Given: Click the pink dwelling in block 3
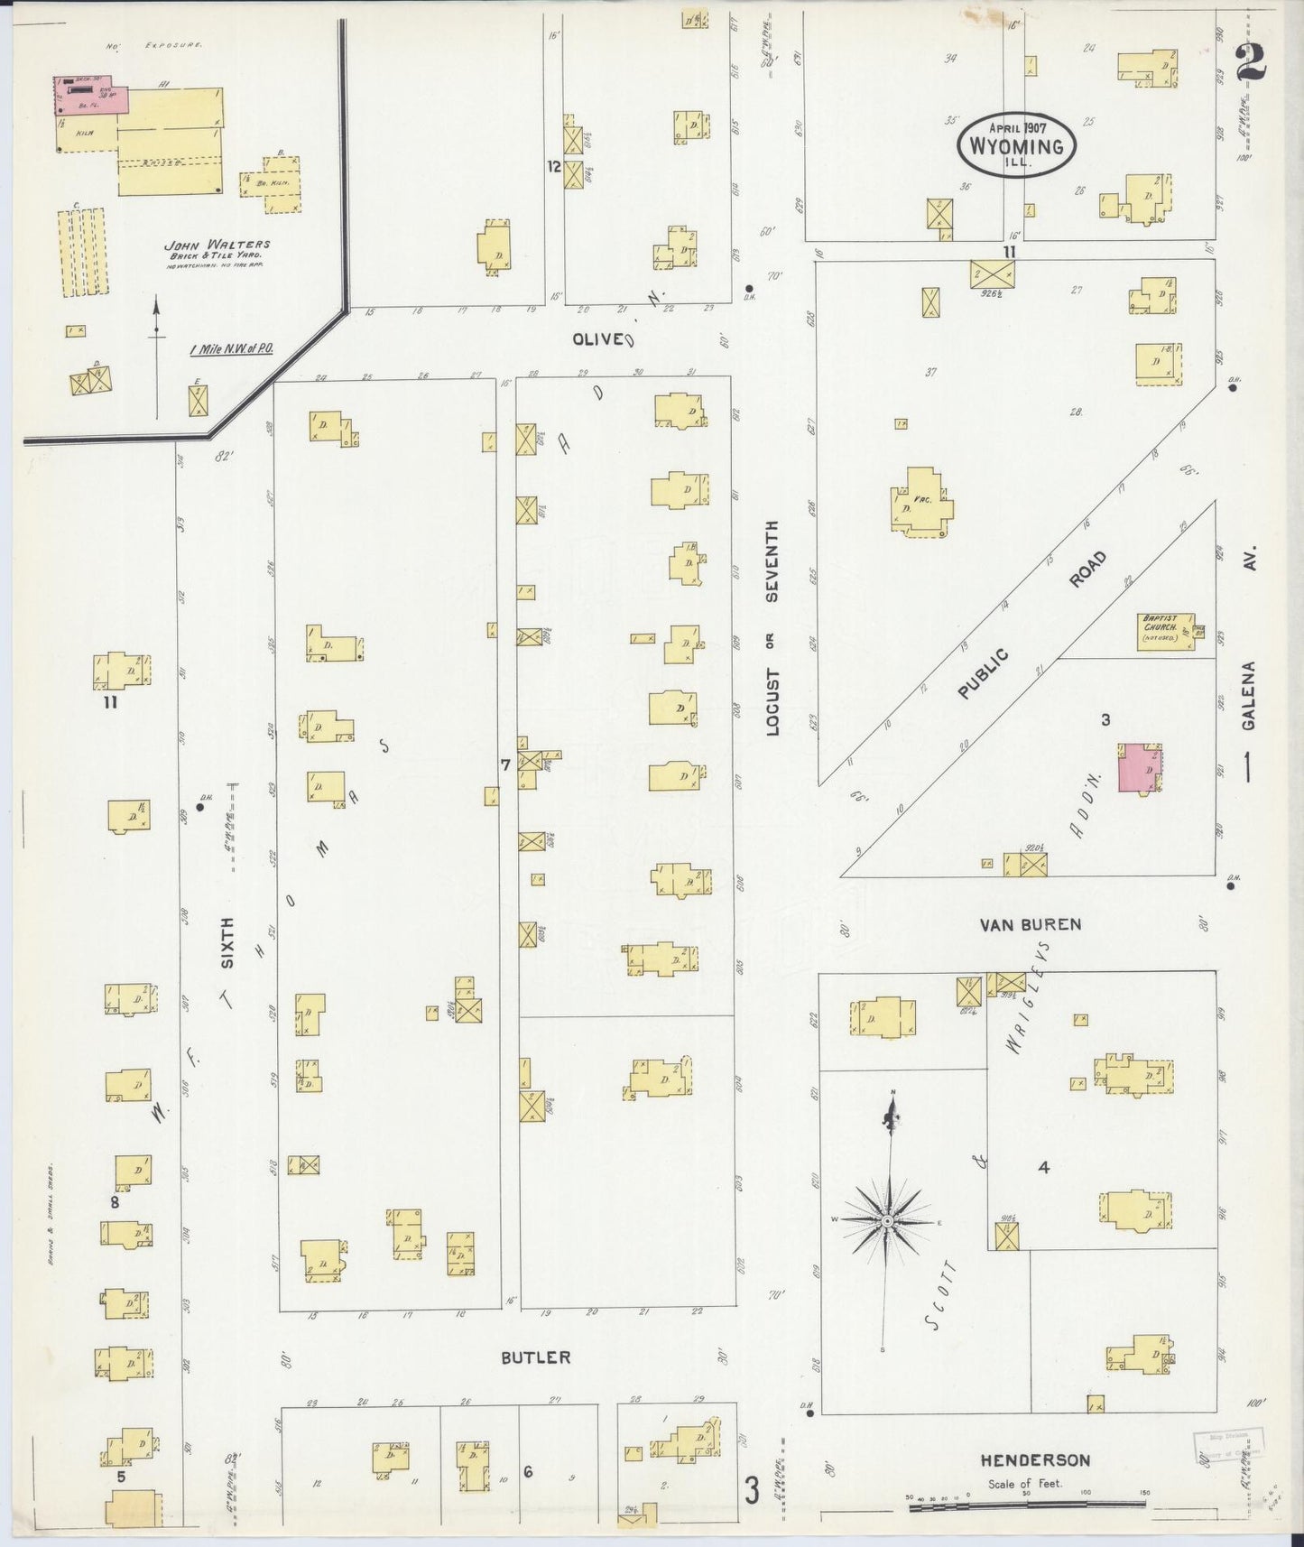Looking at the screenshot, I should pyautogui.click(x=1139, y=768).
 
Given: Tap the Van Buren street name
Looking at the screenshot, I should pyautogui.click(x=1030, y=924).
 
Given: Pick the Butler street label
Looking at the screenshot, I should pyautogui.click(x=536, y=1357).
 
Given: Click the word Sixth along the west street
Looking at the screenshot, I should pyautogui.click(x=228, y=942).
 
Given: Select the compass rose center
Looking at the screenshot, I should pyautogui.click(x=887, y=1220).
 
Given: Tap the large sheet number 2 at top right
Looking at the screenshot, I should pyautogui.click(x=1250, y=63).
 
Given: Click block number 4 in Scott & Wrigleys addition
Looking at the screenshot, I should pyautogui.click(x=1043, y=1167).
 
